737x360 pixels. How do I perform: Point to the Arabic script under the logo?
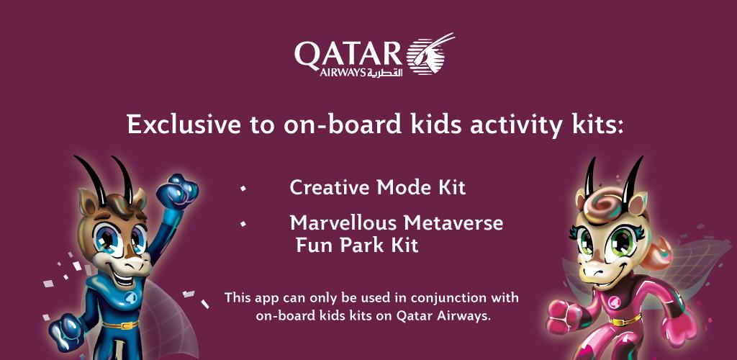[385, 73]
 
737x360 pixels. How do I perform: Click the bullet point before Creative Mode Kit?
[243, 188]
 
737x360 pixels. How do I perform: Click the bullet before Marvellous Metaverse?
[243, 223]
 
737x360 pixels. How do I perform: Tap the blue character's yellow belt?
[119, 325]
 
